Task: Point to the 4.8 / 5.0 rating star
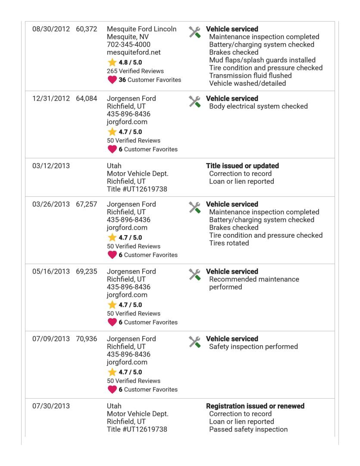tap(112, 63)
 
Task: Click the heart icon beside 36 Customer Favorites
tap(112, 80)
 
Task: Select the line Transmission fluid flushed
tap(250, 76)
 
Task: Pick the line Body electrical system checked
tap(258, 106)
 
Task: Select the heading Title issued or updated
tap(242, 166)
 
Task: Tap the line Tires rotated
tap(229, 243)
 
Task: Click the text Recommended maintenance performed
tap(254, 283)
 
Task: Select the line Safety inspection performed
tap(253, 346)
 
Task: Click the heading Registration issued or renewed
tap(255, 406)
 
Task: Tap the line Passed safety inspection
tap(248, 429)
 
